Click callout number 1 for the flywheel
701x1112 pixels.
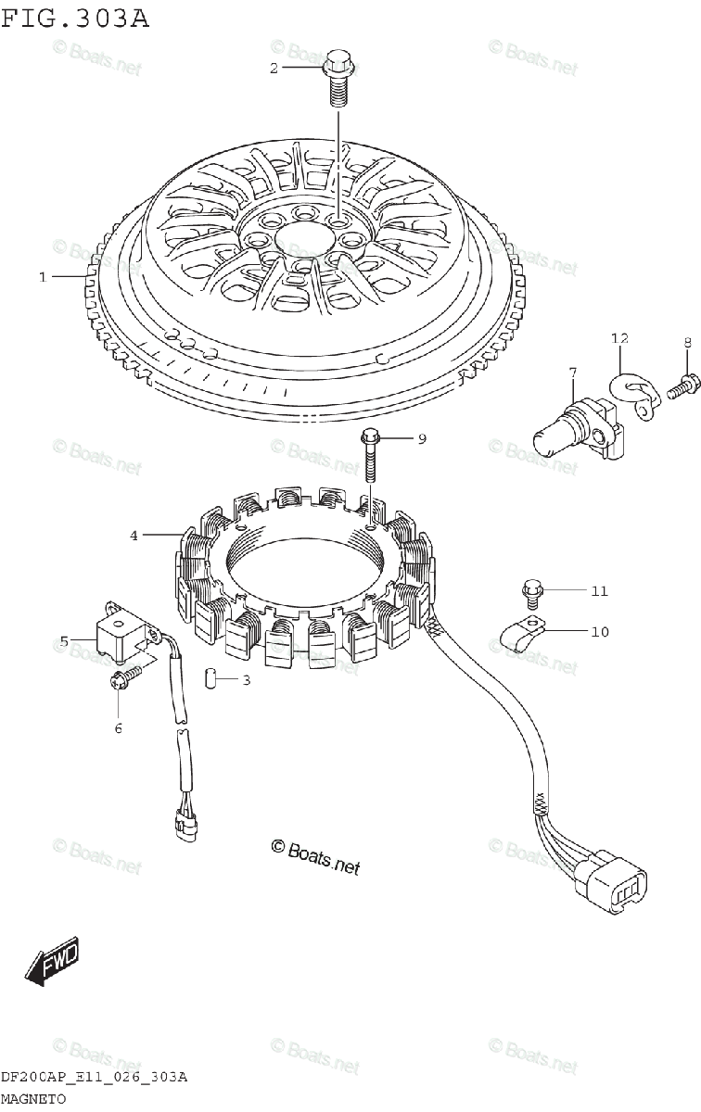(x=42, y=276)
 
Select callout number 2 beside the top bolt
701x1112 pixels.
(x=274, y=68)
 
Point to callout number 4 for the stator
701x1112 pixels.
(x=134, y=535)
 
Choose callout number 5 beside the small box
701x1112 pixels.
(x=64, y=639)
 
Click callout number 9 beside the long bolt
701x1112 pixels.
(x=421, y=438)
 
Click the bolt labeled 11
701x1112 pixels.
(x=531, y=589)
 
